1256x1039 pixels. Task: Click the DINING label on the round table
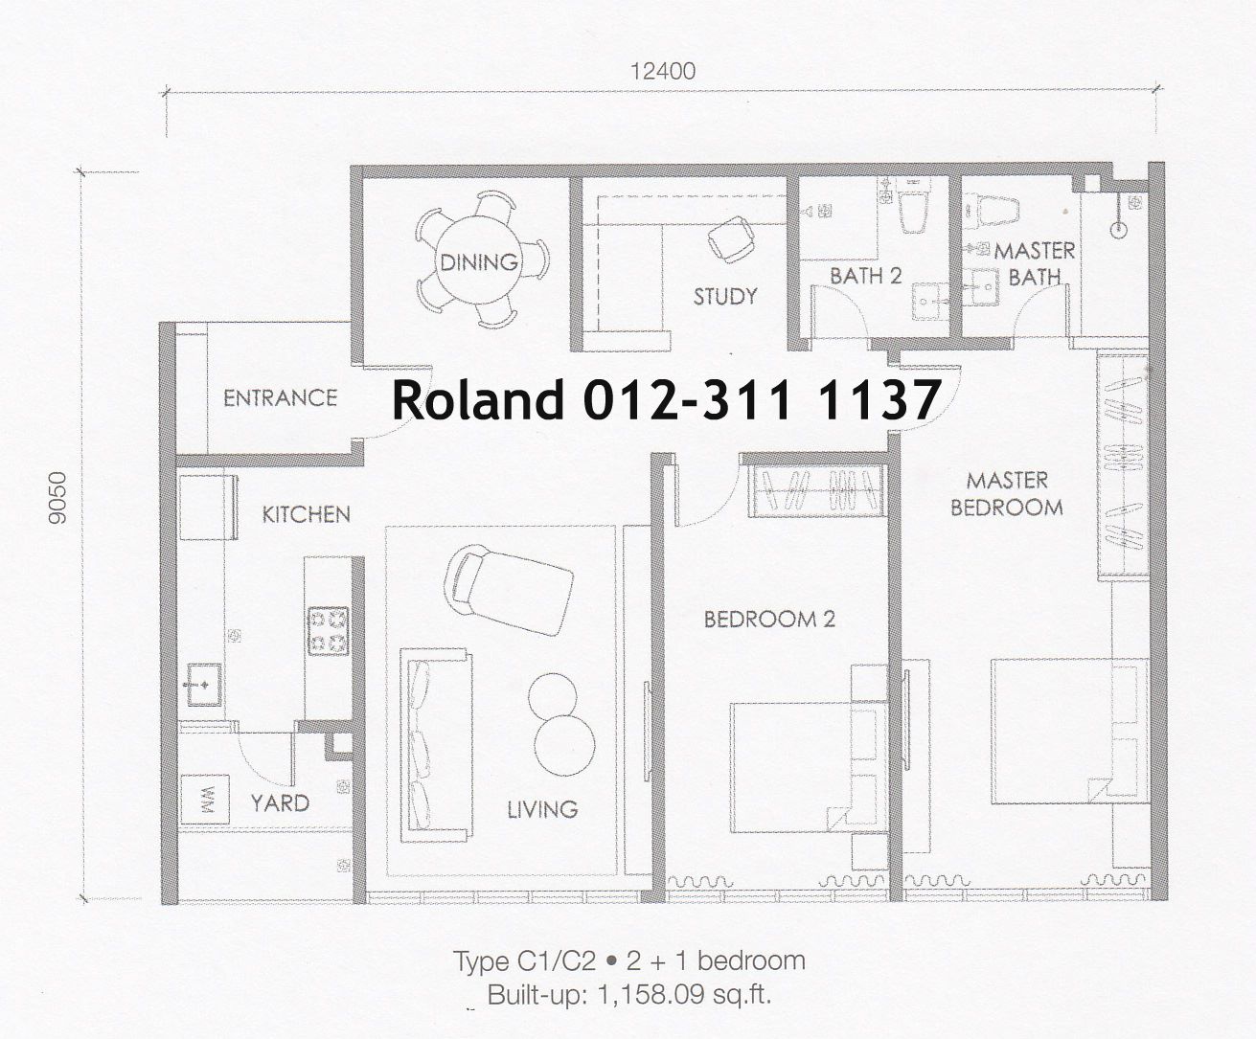coord(479,262)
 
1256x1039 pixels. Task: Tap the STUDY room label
coord(725,297)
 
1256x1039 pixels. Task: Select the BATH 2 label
coord(866,276)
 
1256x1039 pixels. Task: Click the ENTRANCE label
coord(281,397)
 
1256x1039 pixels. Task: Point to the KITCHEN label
coord(307,514)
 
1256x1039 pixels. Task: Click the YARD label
coord(280,802)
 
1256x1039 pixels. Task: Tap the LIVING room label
coord(542,809)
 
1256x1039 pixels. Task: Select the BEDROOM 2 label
coord(769,620)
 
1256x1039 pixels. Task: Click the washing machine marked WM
coord(205,799)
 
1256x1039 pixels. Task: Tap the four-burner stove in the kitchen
coord(329,631)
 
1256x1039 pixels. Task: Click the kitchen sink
coord(204,685)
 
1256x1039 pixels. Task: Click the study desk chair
coord(730,238)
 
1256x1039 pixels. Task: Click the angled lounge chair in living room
coord(509,589)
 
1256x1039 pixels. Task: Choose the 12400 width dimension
coord(663,72)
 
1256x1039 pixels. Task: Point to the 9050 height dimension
coord(57,498)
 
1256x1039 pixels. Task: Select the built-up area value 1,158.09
coord(651,995)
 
